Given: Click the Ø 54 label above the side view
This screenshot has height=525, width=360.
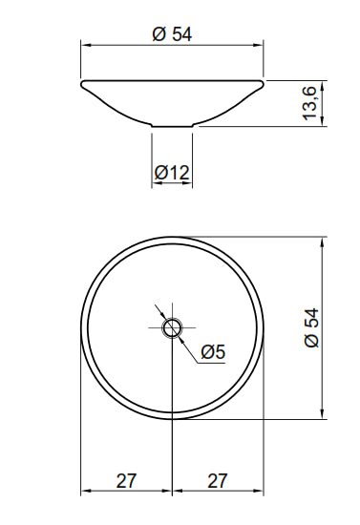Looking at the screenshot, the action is point(172,34).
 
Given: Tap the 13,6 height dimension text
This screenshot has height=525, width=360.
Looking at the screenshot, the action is point(309,103).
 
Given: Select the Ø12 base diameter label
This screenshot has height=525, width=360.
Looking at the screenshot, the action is point(172,173).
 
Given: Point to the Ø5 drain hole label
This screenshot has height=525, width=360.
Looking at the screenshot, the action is point(213,352).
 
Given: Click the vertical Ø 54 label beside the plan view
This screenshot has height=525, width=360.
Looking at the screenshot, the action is point(312,327).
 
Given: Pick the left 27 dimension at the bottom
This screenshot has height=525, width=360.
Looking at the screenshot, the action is point(127,481).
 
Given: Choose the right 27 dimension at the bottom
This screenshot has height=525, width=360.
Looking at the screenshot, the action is point(218,481).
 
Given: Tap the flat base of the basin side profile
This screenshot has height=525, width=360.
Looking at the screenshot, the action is point(172,126).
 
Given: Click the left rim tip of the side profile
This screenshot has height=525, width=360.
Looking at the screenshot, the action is point(82,83).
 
